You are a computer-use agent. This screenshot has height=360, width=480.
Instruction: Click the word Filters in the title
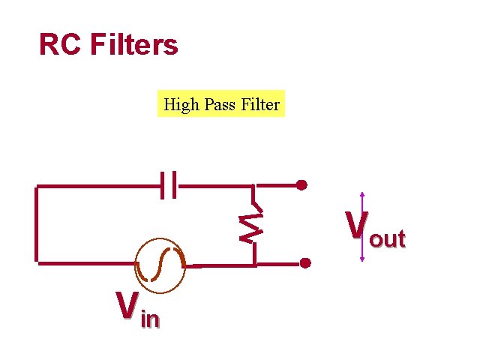click(134, 46)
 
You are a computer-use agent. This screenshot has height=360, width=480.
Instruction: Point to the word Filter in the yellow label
click(260, 104)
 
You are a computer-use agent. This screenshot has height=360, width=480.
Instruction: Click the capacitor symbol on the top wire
click(169, 184)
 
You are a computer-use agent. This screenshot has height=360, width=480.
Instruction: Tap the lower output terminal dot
click(305, 263)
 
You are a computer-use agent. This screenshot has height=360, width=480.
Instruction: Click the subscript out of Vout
click(387, 239)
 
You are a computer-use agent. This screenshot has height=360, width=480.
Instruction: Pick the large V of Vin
click(125, 306)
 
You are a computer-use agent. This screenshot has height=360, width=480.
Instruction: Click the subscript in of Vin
click(150, 319)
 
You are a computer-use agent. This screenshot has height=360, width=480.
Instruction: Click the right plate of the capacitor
click(175, 184)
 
